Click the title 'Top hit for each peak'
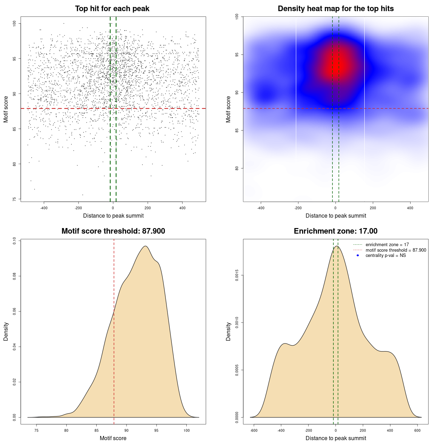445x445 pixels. point(112,9)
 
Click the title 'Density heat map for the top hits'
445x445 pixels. point(335,9)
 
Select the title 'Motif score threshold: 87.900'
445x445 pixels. point(113,231)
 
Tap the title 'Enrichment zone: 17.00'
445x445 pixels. point(335,231)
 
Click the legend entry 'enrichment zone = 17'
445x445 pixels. point(387,245)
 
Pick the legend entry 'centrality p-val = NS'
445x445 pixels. point(386,256)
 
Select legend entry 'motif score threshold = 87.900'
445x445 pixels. point(396,250)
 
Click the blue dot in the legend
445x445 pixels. point(358,256)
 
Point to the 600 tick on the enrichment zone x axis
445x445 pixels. point(418,430)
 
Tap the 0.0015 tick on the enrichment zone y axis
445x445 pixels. point(237,275)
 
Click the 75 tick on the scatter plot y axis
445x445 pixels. point(14,199)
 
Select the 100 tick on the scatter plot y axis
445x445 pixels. point(14,23)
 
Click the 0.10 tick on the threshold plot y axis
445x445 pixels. point(14,241)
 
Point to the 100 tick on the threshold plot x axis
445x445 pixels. point(187,430)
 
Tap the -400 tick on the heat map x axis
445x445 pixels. point(261,208)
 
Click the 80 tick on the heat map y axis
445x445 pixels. point(237,168)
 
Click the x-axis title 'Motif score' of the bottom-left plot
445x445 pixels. point(113,438)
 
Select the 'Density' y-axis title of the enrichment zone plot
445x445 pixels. point(228,331)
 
